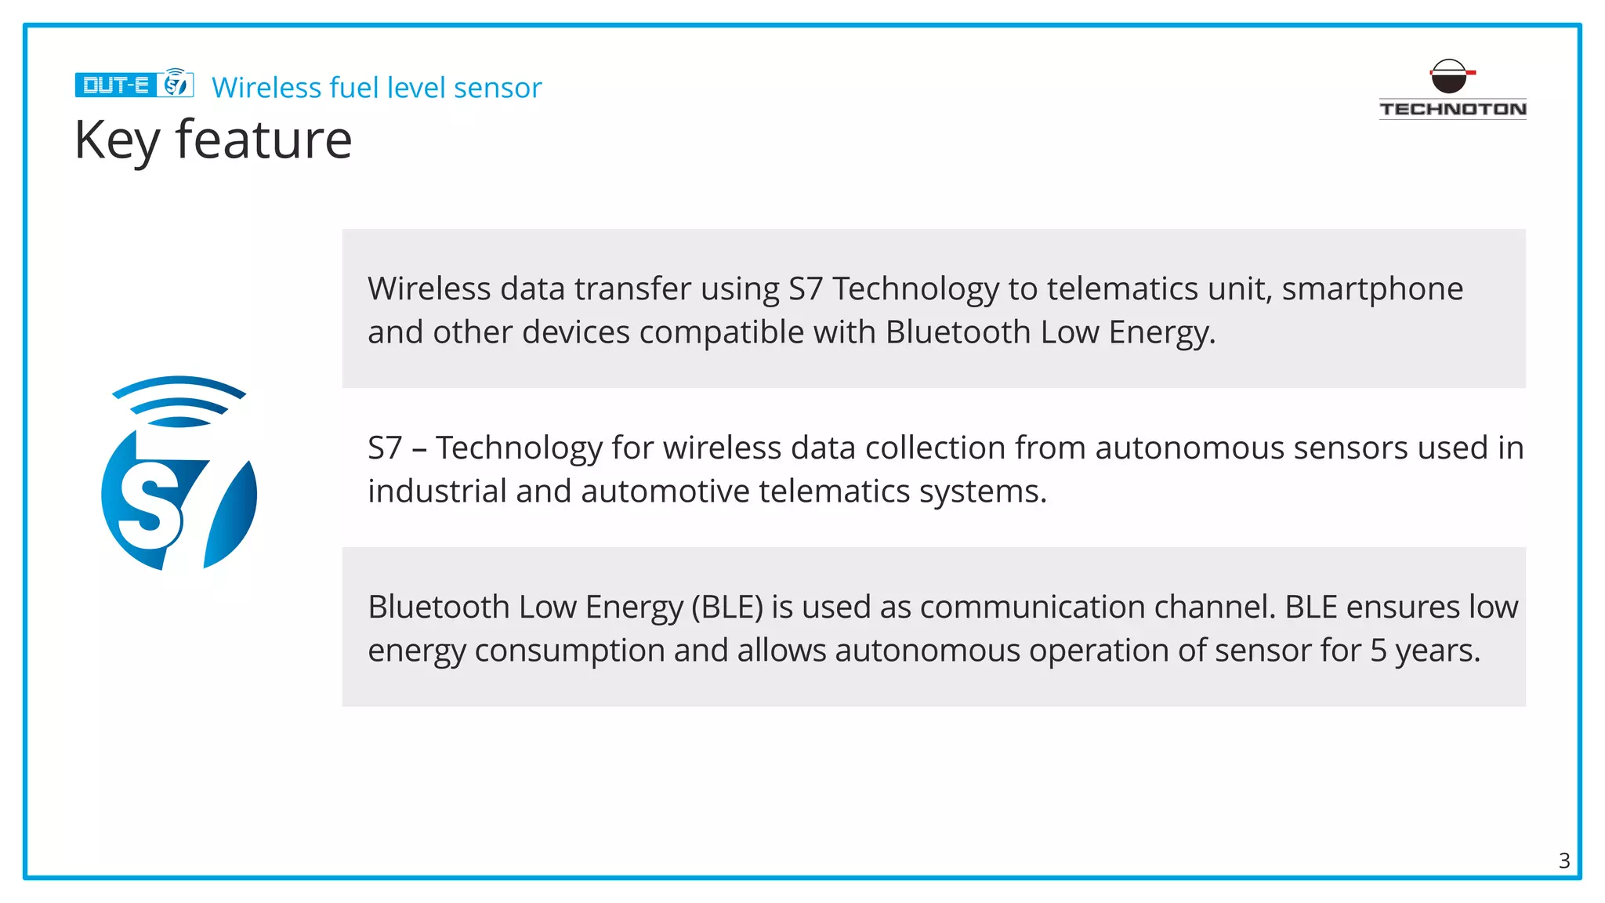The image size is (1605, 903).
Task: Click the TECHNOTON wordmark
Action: [1452, 109]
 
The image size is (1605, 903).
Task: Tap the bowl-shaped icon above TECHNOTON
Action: [1449, 77]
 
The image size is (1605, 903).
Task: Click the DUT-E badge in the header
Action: [115, 85]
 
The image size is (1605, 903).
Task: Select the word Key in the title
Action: [117, 140]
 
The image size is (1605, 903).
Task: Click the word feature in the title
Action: [263, 140]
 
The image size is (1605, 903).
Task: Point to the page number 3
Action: [1563, 861]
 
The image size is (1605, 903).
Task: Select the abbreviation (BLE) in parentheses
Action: [726, 607]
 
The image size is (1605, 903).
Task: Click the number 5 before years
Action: [1379, 651]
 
